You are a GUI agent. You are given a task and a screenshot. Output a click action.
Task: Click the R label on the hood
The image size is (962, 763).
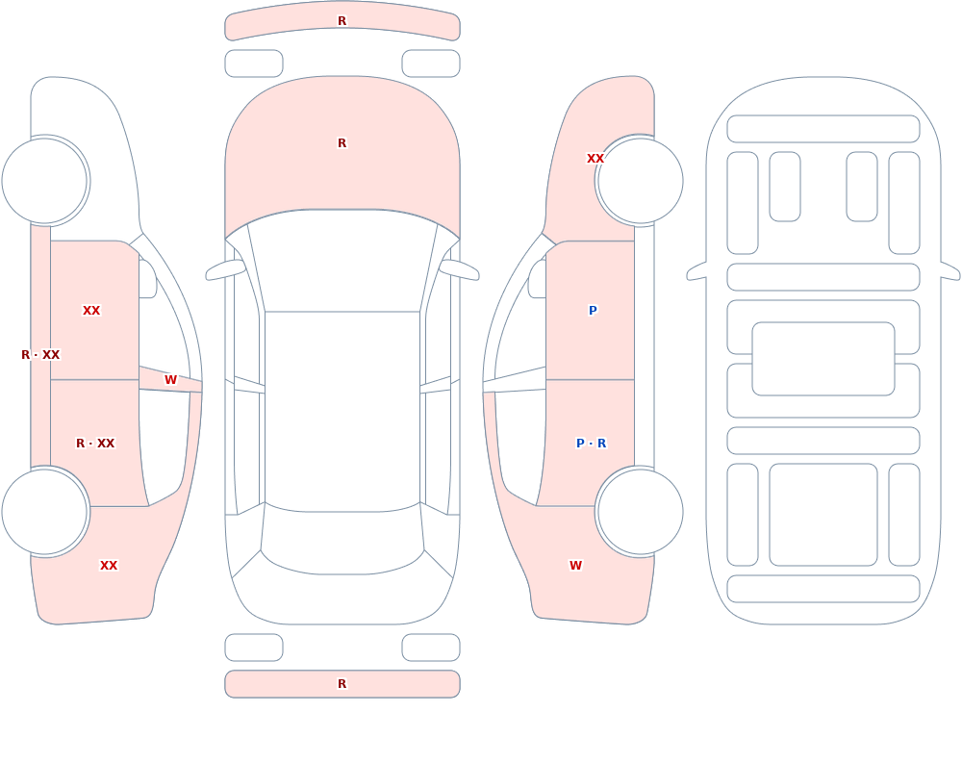342,143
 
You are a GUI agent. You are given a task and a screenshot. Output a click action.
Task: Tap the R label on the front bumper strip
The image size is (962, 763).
342,21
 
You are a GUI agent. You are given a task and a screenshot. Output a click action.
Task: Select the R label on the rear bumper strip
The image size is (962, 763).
342,684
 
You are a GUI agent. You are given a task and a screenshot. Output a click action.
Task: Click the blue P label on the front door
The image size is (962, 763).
593,311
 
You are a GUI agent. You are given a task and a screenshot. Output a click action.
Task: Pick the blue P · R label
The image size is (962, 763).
592,444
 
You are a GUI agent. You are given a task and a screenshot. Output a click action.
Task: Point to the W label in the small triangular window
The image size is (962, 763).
170,380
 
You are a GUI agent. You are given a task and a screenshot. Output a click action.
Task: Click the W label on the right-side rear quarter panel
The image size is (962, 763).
575,566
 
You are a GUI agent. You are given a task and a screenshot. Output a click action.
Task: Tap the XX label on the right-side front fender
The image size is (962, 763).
595,159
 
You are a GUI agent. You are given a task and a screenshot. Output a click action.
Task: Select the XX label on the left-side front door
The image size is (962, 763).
91,311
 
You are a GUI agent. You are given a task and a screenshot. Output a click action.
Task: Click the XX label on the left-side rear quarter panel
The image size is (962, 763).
109,566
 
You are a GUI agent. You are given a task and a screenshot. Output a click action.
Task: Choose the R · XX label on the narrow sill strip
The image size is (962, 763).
40,355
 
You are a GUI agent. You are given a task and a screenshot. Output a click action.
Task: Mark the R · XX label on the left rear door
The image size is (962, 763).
95,444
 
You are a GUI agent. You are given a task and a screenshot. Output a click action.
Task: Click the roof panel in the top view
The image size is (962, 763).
342,411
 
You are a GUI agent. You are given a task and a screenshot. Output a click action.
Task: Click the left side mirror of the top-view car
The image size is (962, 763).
225,269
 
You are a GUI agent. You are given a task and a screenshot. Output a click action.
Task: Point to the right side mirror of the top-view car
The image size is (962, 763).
459,269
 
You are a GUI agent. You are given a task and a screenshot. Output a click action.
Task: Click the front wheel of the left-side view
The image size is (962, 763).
44,181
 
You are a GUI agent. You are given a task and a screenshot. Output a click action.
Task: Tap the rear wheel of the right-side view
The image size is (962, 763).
640,511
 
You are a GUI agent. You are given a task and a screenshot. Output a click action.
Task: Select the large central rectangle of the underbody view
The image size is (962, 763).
823,359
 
